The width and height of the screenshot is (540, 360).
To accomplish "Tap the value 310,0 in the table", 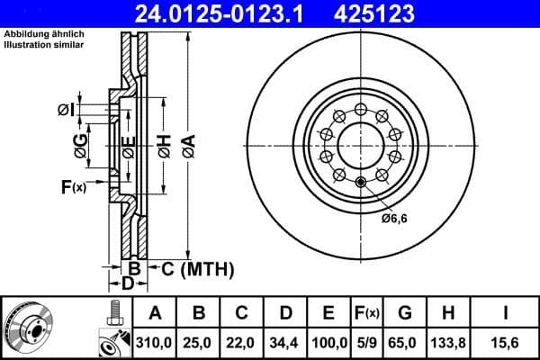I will (x=155, y=341).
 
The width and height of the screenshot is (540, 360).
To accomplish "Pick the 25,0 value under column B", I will (x=199, y=341).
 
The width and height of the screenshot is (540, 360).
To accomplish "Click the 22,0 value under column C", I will (x=242, y=341).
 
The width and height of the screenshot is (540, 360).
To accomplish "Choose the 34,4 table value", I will (x=285, y=341).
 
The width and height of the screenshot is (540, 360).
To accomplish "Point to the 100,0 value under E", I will (x=329, y=341).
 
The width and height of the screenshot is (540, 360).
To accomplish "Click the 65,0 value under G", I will (x=405, y=341).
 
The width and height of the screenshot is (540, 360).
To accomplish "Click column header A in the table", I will (x=155, y=313).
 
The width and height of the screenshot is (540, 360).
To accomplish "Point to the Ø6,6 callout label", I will (x=394, y=217).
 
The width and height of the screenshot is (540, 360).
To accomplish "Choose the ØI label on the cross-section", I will (x=66, y=110).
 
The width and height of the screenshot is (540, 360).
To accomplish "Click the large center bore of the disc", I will (x=361, y=144).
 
